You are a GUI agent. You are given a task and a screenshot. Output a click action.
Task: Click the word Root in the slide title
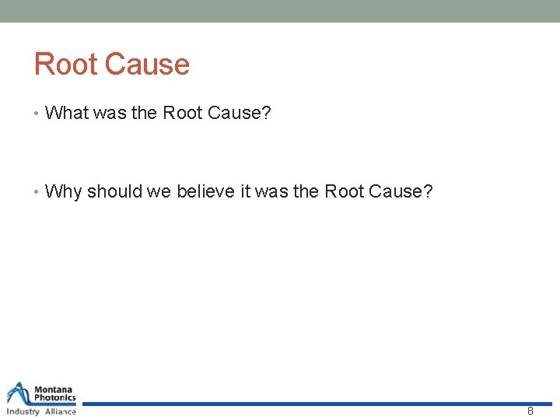click(65, 65)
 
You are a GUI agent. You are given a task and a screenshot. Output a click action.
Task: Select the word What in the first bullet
click(67, 114)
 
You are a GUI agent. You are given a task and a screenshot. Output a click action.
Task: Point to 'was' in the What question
click(110, 114)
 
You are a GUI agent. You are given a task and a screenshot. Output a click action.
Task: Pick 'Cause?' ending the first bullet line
click(239, 114)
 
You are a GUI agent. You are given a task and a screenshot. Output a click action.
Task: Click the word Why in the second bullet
click(63, 191)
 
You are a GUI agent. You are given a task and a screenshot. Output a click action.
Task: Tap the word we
click(160, 191)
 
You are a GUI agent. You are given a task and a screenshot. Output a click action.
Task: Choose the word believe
click(204, 191)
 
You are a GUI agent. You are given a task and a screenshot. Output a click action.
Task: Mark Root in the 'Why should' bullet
click(343, 191)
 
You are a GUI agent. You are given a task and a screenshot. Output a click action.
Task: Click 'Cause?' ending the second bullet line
click(401, 191)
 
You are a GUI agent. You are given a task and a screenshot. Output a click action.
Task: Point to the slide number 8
click(530, 411)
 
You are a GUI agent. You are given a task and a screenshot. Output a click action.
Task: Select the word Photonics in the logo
click(55, 398)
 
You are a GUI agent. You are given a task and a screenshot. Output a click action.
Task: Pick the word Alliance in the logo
click(60, 411)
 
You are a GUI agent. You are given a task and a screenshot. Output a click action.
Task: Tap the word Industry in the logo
click(23, 411)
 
